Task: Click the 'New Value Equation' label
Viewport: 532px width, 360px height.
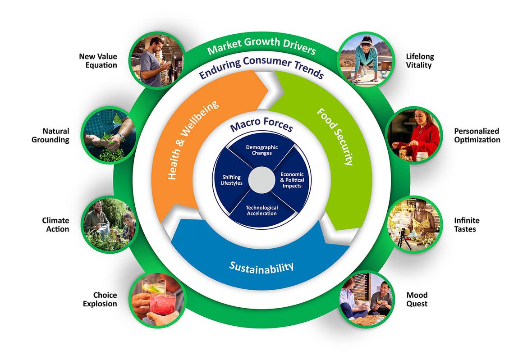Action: tap(98, 60)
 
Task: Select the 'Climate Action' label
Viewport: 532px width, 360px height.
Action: tap(55, 224)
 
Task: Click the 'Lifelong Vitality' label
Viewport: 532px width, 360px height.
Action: tap(419, 61)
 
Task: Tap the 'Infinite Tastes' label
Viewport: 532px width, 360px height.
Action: tap(467, 224)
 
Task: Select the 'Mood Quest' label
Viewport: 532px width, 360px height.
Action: tap(417, 299)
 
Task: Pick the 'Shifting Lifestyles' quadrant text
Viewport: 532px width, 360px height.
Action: tap(232, 179)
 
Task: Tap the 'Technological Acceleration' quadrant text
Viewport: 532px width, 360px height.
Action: tap(261, 210)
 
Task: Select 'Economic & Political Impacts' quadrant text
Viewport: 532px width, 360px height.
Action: tap(292, 180)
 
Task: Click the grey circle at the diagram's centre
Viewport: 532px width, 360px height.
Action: tap(261, 180)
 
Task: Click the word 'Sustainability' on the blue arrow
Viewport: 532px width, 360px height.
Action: tap(261, 266)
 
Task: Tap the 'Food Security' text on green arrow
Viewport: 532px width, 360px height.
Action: tap(334, 136)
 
